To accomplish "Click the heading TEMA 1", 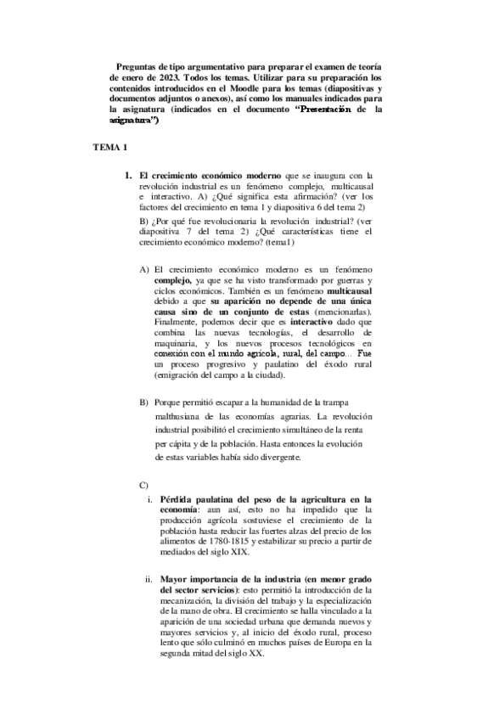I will [109, 148].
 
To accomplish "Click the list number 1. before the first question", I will [130, 175].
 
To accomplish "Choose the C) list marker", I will [143, 484].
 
